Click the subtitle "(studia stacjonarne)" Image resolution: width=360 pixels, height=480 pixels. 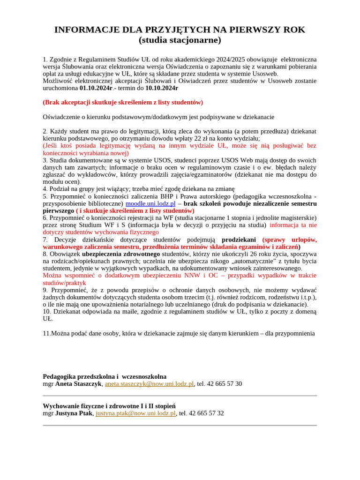click(x=180, y=40)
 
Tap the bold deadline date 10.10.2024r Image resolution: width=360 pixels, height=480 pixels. click(x=162, y=88)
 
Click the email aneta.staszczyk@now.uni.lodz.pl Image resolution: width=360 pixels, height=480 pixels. click(x=149, y=384)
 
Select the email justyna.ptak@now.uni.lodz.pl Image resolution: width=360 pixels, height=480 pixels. click(x=135, y=413)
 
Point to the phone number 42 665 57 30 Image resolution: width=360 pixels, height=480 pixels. click(x=225, y=384)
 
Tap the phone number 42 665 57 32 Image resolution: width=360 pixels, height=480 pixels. click(x=207, y=413)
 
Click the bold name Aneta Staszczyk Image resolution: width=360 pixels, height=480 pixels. click(x=78, y=384)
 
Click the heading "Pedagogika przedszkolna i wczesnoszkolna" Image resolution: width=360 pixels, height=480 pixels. click(x=105, y=376)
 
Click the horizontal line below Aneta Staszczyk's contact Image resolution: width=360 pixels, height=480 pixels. click(x=180, y=396)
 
